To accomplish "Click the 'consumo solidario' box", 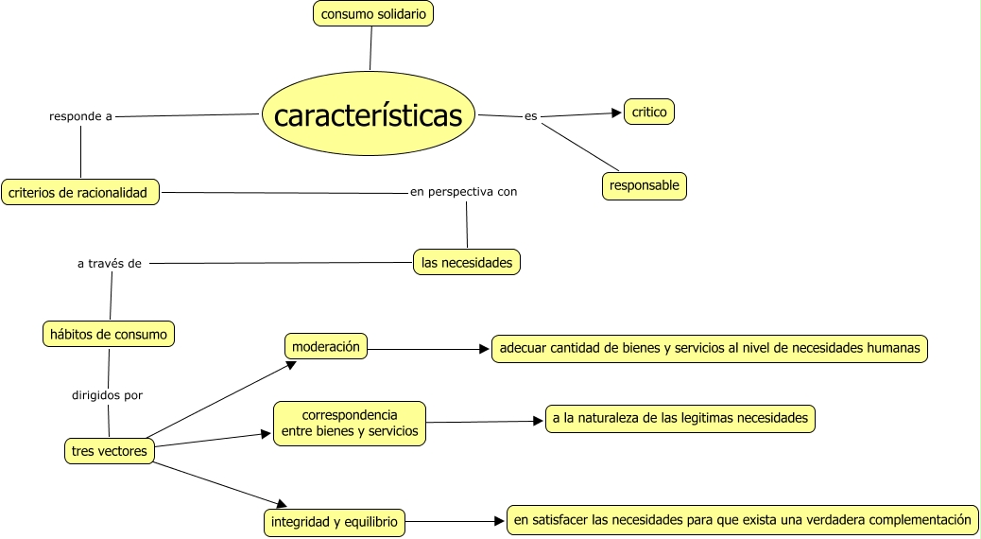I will (x=372, y=13).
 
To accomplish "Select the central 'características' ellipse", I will (x=368, y=115).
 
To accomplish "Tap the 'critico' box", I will (x=649, y=112).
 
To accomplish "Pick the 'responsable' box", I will (x=644, y=185).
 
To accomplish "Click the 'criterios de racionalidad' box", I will (x=78, y=192).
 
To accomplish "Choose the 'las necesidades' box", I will (x=467, y=262).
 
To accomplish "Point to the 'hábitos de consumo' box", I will (x=110, y=334).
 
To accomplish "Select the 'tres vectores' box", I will (x=110, y=451).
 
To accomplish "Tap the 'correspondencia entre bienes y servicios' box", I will (x=349, y=424).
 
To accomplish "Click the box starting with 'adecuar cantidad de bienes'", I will (x=709, y=348).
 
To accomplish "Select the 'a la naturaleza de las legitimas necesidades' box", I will (x=680, y=418).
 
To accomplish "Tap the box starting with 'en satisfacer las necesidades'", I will (x=742, y=519).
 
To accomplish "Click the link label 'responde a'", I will (x=81, y=116).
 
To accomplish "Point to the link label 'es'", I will (x=530, y=116).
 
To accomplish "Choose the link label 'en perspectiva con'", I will (x=463, y=192).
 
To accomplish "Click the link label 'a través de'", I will (x=110, y=264).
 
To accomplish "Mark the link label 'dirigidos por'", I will (x=108, y=394).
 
